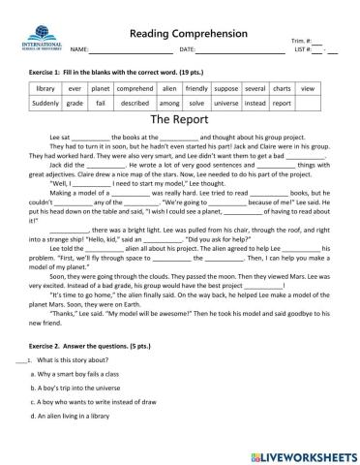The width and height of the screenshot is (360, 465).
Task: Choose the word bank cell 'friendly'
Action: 205,88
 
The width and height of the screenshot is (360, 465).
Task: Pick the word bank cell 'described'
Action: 135,102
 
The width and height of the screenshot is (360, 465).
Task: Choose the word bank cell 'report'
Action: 282,102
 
